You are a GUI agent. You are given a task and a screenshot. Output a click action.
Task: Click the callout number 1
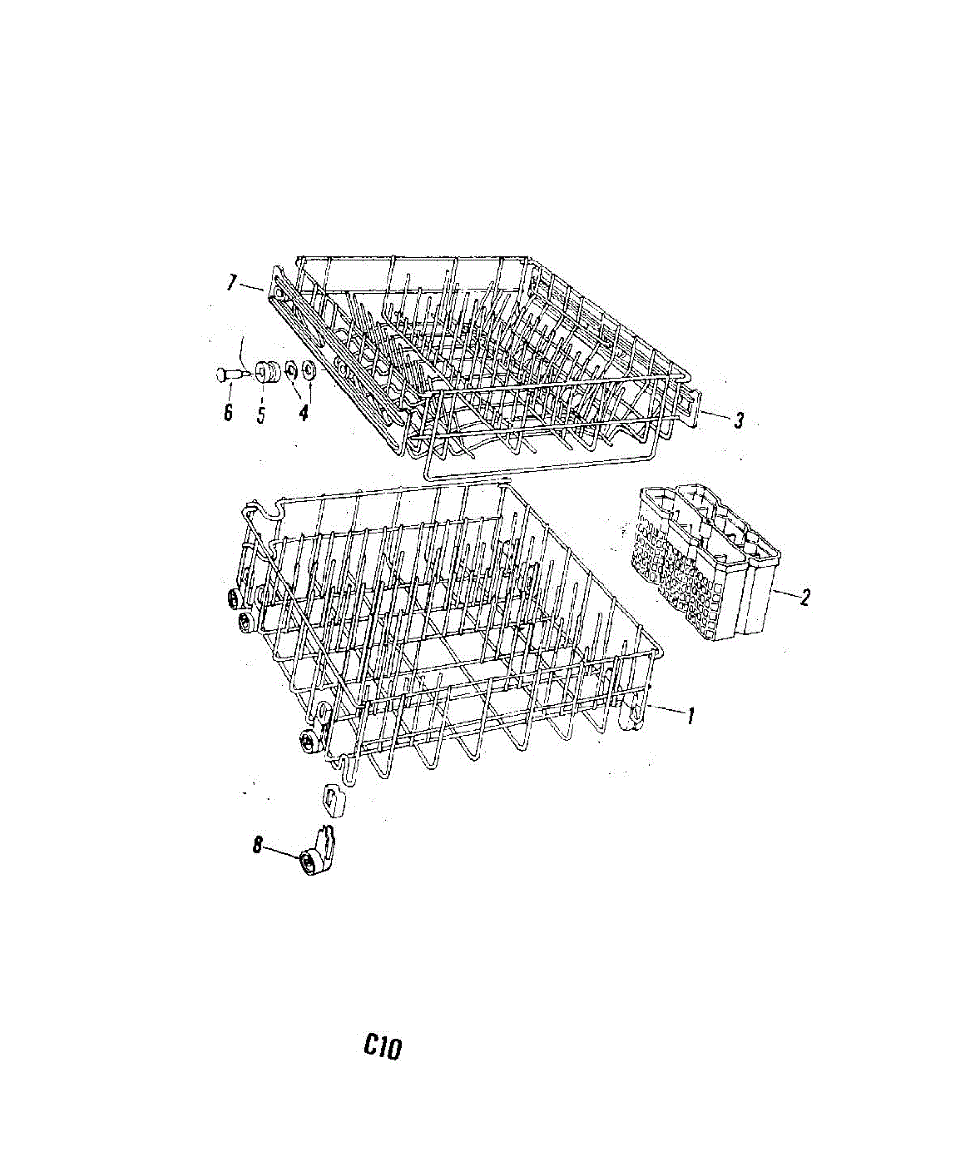click(691, 718)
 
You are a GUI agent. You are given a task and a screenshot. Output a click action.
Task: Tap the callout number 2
click(803, 596)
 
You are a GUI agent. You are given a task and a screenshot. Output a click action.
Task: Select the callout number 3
click(738, 421)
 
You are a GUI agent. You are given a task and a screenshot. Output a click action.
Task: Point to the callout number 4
click(303, 411)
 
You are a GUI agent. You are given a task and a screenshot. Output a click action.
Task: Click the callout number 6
click(228, 412)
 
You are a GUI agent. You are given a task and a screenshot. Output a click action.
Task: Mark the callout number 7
click(232, 282)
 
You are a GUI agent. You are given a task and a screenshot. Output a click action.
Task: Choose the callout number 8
click(258, 845)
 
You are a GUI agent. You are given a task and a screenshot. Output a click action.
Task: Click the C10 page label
click(384, 1046)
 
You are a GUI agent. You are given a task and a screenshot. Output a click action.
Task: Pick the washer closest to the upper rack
click(309, 369)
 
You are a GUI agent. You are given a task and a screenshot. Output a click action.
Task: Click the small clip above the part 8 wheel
click(332, 799)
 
